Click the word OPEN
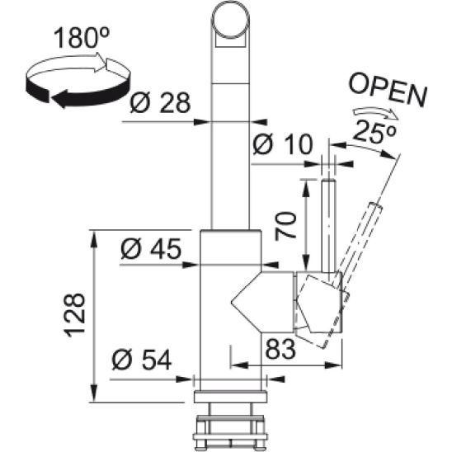pos(386,92)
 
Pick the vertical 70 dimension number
pos(285,224)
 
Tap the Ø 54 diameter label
pos(142,360)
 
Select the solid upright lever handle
pos(327,223)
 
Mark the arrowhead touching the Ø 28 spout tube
pos(207,122)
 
